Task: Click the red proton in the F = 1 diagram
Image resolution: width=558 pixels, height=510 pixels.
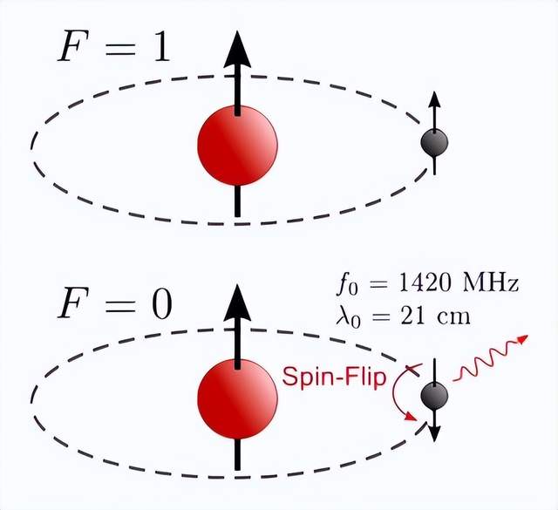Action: pos(237,145)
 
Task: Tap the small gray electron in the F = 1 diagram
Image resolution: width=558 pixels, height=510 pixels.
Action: pos(433,142)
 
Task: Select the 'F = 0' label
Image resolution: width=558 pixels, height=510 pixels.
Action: pos(114,304)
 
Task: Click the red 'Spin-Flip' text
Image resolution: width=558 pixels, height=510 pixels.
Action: pos(336,378)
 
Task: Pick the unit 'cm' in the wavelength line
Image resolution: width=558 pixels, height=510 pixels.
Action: pos(456,314)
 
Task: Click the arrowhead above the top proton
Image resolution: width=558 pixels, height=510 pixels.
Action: pos(237,49)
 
